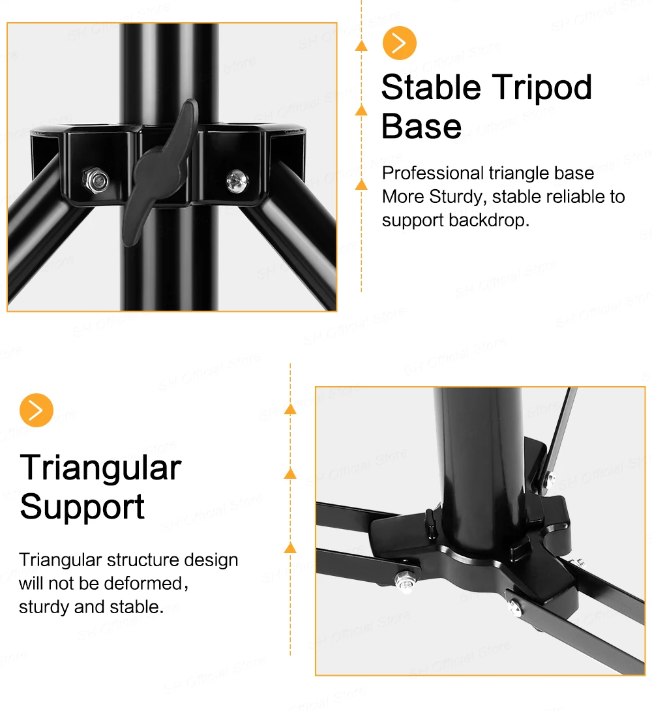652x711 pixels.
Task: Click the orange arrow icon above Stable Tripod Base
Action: (399, 43)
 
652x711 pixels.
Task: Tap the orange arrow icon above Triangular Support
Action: (37, 410)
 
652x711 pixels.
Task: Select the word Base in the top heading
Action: (421, 127)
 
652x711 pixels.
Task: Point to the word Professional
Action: (433, 174)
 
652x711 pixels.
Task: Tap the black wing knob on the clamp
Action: (161, 172)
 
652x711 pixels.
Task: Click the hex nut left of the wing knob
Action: (96, 181)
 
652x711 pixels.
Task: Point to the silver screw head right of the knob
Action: (237, 181)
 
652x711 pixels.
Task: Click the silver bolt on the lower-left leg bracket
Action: (404, 581)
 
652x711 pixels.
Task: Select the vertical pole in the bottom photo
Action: (478, 467)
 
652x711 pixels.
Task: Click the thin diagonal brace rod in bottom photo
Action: (558, 435)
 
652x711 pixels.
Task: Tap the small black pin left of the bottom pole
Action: (430, 521)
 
